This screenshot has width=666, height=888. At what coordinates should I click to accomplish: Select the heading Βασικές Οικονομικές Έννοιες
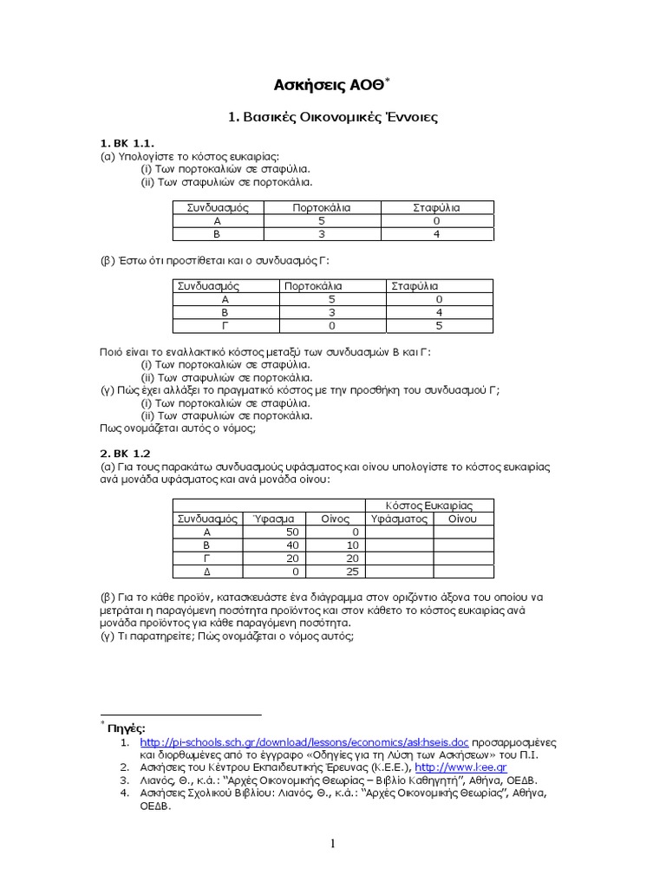333,116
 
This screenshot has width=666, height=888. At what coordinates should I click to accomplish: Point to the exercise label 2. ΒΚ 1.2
126,453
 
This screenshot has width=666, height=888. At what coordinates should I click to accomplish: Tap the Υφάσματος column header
400,519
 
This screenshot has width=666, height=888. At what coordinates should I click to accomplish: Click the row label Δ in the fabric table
206,572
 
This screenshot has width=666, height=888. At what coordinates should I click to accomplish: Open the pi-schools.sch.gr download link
304,743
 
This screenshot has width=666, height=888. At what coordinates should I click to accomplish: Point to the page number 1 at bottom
333,844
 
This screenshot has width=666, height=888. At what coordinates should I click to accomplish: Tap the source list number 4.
125,792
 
